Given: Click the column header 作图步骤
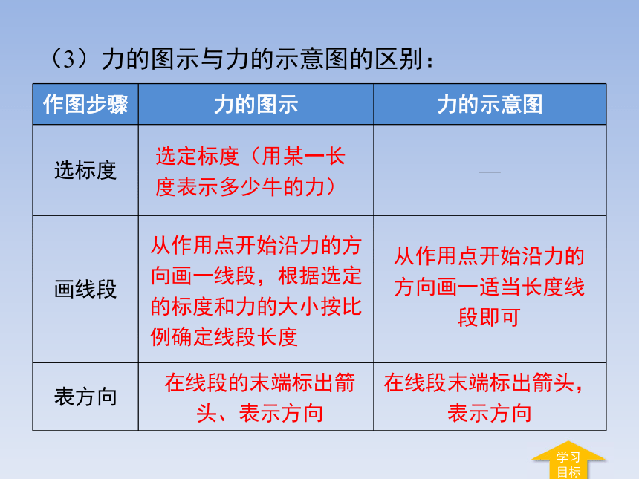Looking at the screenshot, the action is tap(85, 104).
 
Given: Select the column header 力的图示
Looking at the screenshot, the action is tap(256, 104).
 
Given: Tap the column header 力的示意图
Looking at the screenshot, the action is tap(490, 104).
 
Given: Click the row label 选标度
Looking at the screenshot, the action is tap(85, 170).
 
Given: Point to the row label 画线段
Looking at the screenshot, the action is tap(85, 289).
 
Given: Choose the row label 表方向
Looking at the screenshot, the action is tap(85, 397).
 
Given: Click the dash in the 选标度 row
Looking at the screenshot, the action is tap(490, 172).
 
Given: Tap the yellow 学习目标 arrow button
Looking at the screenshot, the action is tap(568, 460).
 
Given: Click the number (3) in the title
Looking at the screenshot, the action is tap(69, 59).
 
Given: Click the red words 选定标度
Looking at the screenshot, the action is tap(197, 157).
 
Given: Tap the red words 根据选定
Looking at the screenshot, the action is tap(320, 276).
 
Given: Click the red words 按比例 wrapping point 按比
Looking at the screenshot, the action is tap(341, 307).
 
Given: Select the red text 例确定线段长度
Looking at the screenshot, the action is tap(224, 337).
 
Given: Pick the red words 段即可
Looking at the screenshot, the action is tap(489, 317).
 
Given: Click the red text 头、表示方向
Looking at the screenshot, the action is tap(260, 413).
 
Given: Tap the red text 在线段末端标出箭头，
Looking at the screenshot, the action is tap(484, 383).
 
